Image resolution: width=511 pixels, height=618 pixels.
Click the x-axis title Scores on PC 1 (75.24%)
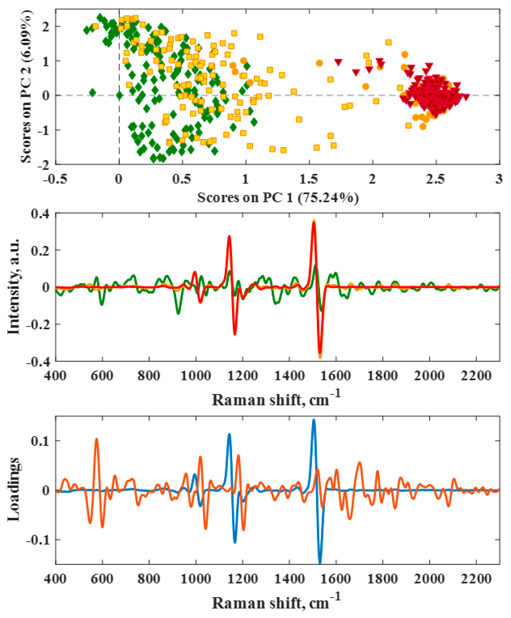(x=278, y=198)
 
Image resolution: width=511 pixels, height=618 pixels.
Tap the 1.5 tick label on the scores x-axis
(x=309, y=179)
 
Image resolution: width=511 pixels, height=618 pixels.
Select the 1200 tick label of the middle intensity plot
(x=242, y=376)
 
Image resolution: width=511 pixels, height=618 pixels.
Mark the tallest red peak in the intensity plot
(x=314, y=223)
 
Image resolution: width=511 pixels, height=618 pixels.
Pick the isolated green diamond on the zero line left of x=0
(x=92, y=93)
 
